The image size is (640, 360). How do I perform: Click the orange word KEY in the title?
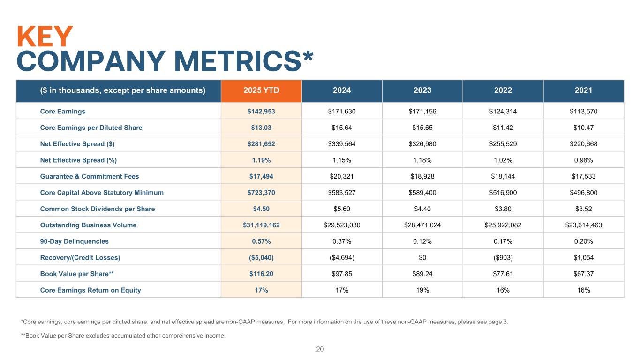pos(45,37)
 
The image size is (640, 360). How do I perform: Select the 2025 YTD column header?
pos(261,90)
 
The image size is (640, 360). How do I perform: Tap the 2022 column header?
pos(503,90)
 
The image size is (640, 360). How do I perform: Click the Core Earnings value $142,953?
pos(261,112)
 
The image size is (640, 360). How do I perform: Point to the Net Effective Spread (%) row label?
pos(78,160)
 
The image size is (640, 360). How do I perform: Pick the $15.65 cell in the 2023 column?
pos(422,128)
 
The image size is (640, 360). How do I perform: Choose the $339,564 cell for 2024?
pos(342,144)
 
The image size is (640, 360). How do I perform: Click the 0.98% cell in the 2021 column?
pos(583,160)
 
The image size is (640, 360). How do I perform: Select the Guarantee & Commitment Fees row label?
pos(90,176)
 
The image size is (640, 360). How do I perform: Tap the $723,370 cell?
pos(261,193)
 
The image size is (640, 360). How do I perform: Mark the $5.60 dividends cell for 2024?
pos(342,209)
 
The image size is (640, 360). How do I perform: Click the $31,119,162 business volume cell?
pos(261,225)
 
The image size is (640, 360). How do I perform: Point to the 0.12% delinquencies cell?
pos(422,241)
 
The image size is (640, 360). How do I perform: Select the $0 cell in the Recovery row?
pos(422,258)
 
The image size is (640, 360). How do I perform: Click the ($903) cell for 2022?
pos(503,258)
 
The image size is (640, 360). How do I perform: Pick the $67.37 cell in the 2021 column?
pos(583,274)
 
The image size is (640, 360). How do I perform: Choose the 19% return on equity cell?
pos(422,290)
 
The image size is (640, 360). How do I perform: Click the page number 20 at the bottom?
pos(320,349)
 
